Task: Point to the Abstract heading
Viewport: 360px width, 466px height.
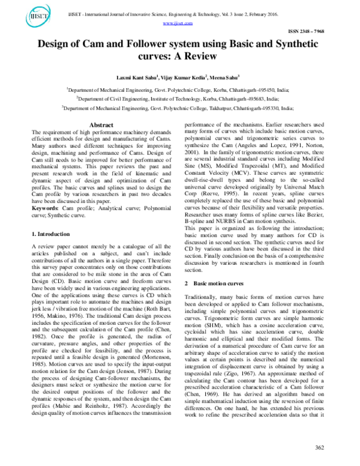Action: [x=101, y=125]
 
